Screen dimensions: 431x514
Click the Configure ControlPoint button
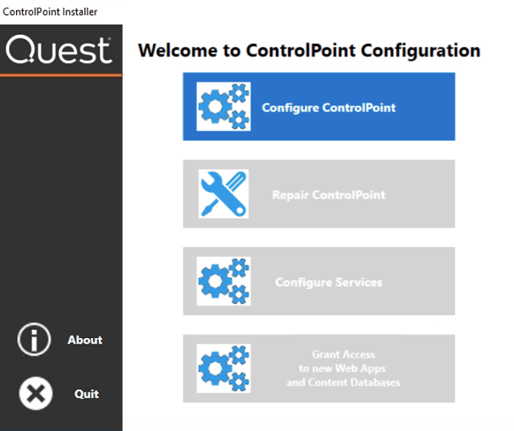319,107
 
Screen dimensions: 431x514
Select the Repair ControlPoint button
319,194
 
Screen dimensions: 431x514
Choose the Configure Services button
319,282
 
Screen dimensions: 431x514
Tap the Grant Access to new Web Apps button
319,369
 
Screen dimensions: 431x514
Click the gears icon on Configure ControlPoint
223,107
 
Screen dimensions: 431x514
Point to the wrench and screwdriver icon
223,193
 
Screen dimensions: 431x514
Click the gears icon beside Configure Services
223,282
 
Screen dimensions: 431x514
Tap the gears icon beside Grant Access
223,368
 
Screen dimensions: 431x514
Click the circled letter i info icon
33,340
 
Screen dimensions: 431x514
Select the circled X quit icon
34,394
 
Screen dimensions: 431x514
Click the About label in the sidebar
85,340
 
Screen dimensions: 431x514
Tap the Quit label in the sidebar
86,394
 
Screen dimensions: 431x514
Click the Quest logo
59,51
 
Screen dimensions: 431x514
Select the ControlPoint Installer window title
50,12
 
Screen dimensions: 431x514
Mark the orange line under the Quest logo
61,74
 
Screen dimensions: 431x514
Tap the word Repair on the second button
290,195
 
